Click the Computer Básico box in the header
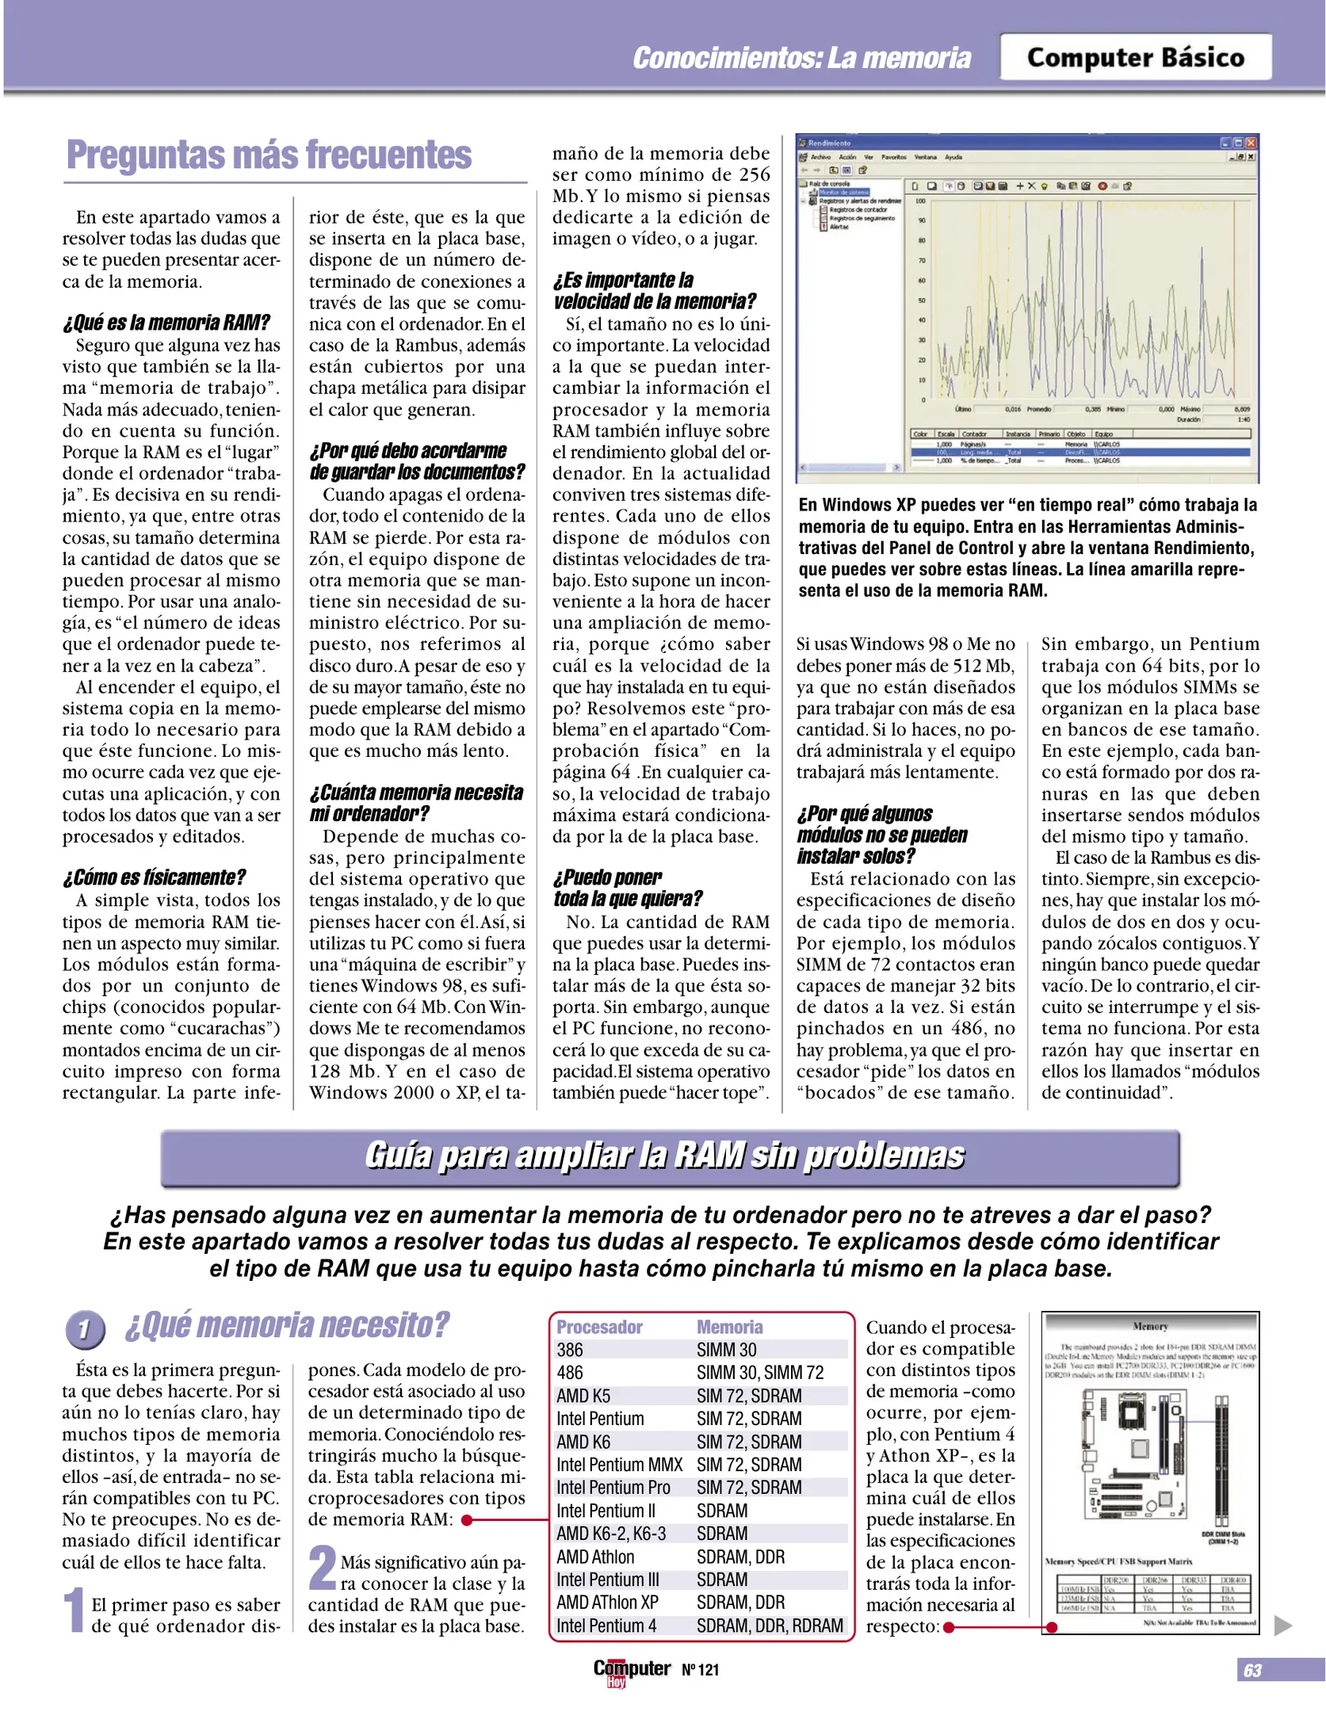1135,57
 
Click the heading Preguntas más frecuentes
269,155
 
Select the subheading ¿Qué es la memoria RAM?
166,323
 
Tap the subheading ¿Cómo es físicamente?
155,877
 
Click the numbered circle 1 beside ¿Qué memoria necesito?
85,1329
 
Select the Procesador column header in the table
599,1327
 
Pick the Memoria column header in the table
729,1327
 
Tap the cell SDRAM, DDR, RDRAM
770,1626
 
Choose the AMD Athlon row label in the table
595,1557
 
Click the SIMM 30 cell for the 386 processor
726,1350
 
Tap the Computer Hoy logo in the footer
631,1671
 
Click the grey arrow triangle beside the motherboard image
1282,1626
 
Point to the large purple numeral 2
322,1568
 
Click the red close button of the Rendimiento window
1250,143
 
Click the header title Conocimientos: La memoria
801,58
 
